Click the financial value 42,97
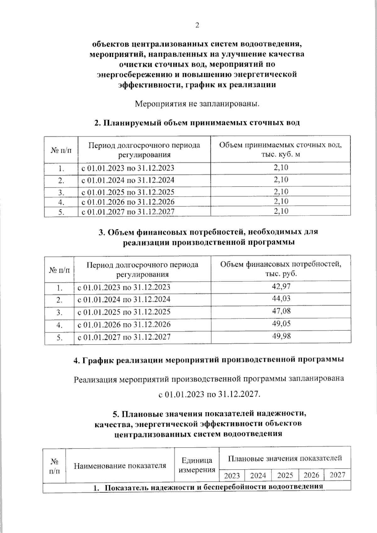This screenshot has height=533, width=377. tap(281, 286)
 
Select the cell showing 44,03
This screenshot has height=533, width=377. tap(281, 298)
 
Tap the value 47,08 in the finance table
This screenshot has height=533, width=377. tap(281, 311)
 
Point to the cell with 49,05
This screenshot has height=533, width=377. tap(281, 324)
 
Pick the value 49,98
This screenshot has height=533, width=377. tap(281, 336)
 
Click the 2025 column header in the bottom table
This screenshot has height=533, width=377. tap(285, 475)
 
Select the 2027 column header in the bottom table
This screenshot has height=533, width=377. tap(337, 475)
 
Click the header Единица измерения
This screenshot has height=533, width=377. tap(197, 465)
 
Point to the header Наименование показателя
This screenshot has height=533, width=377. tap(120, 465)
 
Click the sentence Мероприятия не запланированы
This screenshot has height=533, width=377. tap(197, 103)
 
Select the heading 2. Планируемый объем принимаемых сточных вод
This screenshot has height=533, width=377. tap(197, 122)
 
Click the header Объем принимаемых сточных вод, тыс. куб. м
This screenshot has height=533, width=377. tap(280, 150)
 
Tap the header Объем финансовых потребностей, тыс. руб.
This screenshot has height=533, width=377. tap(281, 269)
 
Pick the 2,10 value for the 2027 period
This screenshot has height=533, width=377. tap(281, 211)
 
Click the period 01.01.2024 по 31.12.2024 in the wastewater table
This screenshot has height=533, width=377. tap(128, 180)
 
